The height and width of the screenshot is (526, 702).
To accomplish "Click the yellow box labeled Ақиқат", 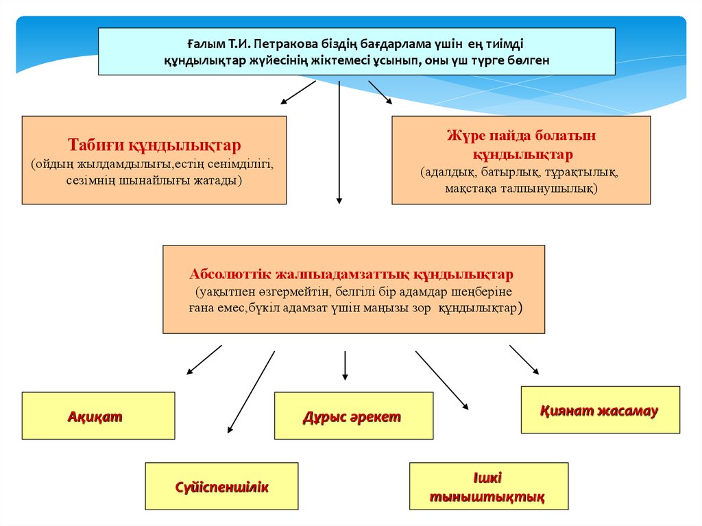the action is pyautogui.click(x=99, y=416).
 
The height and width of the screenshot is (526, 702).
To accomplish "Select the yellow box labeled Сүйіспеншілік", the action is pyautogui.click(x=221, y=486).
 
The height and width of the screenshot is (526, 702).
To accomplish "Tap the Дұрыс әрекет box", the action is pyautogui.click(x=354, y=416).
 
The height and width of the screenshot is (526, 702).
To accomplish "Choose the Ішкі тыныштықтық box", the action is pyautogui.click(x=489, y=486).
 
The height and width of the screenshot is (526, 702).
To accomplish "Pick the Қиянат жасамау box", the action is pyautogui.click(x=601, y=410).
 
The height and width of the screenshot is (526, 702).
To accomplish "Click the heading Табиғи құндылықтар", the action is pyautogui.click(x=154, y=145).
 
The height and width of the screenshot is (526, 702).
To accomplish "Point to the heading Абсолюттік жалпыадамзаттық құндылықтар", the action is pyautogui.click(x=352, y=274).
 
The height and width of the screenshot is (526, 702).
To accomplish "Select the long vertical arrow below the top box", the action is pyautogui.click(x=339, y=143).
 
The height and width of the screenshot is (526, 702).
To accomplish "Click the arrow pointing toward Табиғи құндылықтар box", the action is pyautogui.click(x=298, y=93).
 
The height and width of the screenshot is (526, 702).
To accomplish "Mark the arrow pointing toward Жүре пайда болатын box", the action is pyautogui.click(x=380, y=93).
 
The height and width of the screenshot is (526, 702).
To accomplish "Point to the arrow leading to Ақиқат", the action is pyautogui.click(x=204, y=359).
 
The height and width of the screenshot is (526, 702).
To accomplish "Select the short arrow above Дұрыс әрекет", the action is pyautogui.click(x=345, y=366).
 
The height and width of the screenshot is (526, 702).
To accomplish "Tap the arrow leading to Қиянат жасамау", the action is pyautogui.click(x=524, y=359).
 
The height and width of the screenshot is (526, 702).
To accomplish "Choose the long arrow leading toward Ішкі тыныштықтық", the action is pyautogui.click(x=442, y=381).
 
